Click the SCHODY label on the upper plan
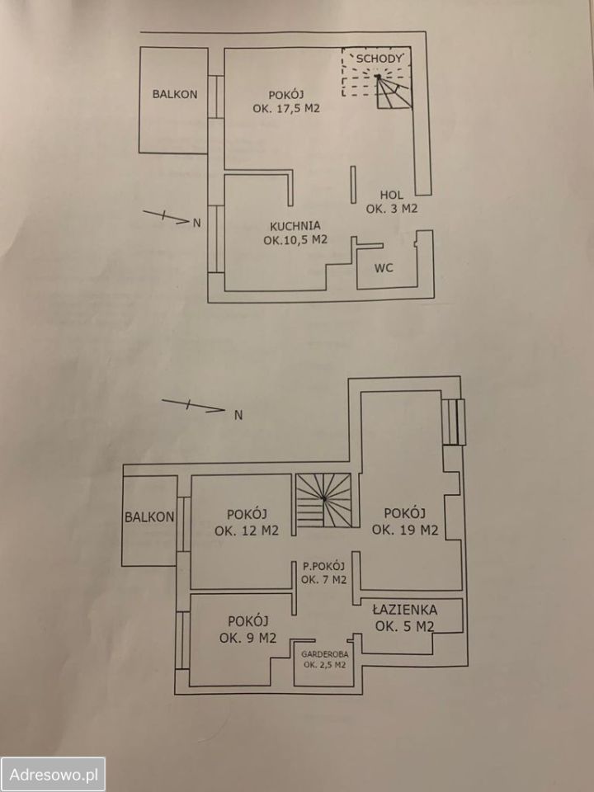(378, 59)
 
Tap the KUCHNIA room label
(295, 225)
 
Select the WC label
(383, 269)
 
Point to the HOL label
(392, 194)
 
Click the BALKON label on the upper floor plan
(174, 94)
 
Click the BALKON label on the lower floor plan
(149, 517)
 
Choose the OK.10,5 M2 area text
(296, 241)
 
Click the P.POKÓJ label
(323, 566)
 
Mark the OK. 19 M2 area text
(404, 530)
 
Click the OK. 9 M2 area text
(247, 637)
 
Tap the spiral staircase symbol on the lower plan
(325, 501)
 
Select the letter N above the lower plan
(238, 415)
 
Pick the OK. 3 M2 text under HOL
(392, 210)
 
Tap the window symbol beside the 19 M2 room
(454, 422)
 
